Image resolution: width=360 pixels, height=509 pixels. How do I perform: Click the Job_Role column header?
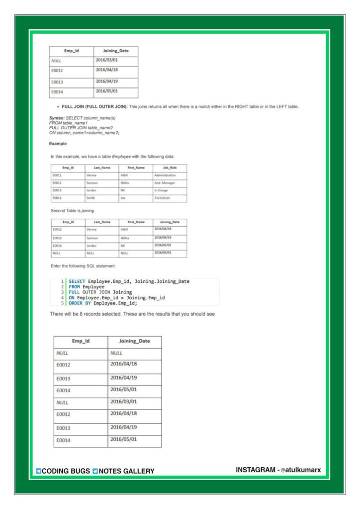[170, 168]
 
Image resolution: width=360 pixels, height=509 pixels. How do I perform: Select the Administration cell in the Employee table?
[165, 175]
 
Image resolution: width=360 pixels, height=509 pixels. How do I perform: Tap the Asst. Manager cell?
[165, 183]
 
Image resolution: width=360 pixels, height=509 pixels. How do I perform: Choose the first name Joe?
[123, 198]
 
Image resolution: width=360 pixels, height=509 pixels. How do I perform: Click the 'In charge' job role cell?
[161, 190]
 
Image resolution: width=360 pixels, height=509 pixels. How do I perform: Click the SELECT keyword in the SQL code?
[77, 281]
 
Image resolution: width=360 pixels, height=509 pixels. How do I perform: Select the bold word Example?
[58, 144]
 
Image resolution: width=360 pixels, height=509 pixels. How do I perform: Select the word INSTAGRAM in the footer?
[256, 470]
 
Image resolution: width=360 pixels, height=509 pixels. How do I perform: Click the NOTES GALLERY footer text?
[126, 471]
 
